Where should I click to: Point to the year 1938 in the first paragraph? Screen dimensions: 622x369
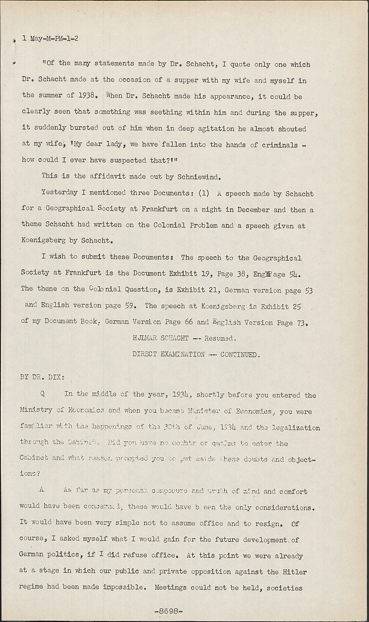[x=87, y=95]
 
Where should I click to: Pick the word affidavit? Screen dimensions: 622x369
[x=107, y=176]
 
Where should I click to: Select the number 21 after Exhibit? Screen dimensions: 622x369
[x=213, y=289]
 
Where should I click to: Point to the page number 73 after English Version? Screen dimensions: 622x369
[x=301, y=322]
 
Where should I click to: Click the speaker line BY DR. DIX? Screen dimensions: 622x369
[x=42, y=377]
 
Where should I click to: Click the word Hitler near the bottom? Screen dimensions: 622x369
[x=295, y=571]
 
